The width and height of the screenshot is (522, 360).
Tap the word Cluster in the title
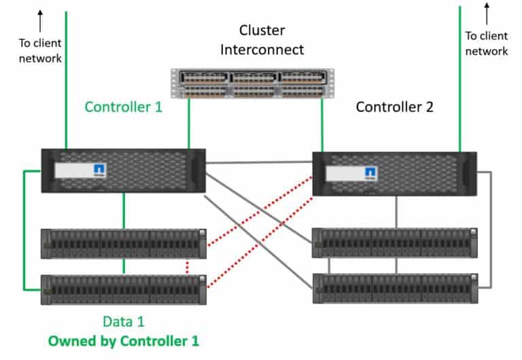click(x=262, y=31)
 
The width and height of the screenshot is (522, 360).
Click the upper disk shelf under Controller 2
click(x=394, y=242)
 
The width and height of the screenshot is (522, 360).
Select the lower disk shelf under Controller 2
click(x=394, y=288)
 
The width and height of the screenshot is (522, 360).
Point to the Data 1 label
click(x=123, y=321)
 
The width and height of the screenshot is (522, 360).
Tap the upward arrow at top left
click(x=40, y=21)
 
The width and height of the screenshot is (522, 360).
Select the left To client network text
click(x=40, y=51)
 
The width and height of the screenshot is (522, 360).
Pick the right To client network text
click(x=486, y=43)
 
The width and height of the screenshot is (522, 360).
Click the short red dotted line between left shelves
click(x=187, y=266)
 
